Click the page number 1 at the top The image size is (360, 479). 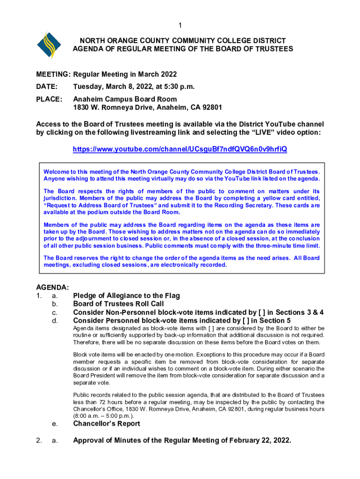[x=180, y=25]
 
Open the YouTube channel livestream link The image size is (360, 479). [x=180, y=149]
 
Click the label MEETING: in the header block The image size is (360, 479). [x=53, y=75]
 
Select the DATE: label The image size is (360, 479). [x=47, y=87]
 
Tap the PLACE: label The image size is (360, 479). [x=49, y=99]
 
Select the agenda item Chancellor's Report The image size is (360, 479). [x=107, y=424]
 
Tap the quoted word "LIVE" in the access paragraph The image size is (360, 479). [x=259, y=133]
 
